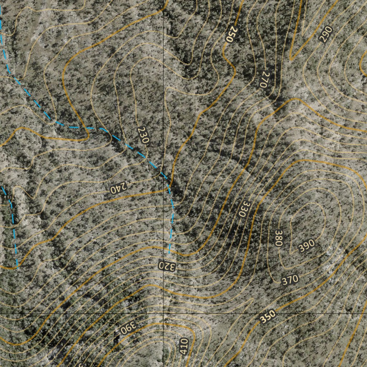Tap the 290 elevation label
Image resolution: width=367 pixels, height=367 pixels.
click(326, 34)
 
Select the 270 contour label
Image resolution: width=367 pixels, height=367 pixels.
click(263, 80)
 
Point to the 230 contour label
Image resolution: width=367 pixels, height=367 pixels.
click(143, 135)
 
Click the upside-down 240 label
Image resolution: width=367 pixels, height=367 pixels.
click(119, 188)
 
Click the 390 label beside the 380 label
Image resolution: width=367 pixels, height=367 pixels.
click(306, 245)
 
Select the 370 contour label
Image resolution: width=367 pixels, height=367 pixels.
click(290, 279)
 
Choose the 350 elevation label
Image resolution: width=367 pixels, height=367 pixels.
click(268, 316)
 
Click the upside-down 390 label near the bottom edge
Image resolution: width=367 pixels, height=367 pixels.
click(128, 328)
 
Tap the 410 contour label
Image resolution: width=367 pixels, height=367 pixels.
click(184, 347)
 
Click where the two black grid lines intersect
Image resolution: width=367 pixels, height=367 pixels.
click(163, 314)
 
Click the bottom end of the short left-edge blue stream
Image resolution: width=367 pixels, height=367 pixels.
click(16, 267)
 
